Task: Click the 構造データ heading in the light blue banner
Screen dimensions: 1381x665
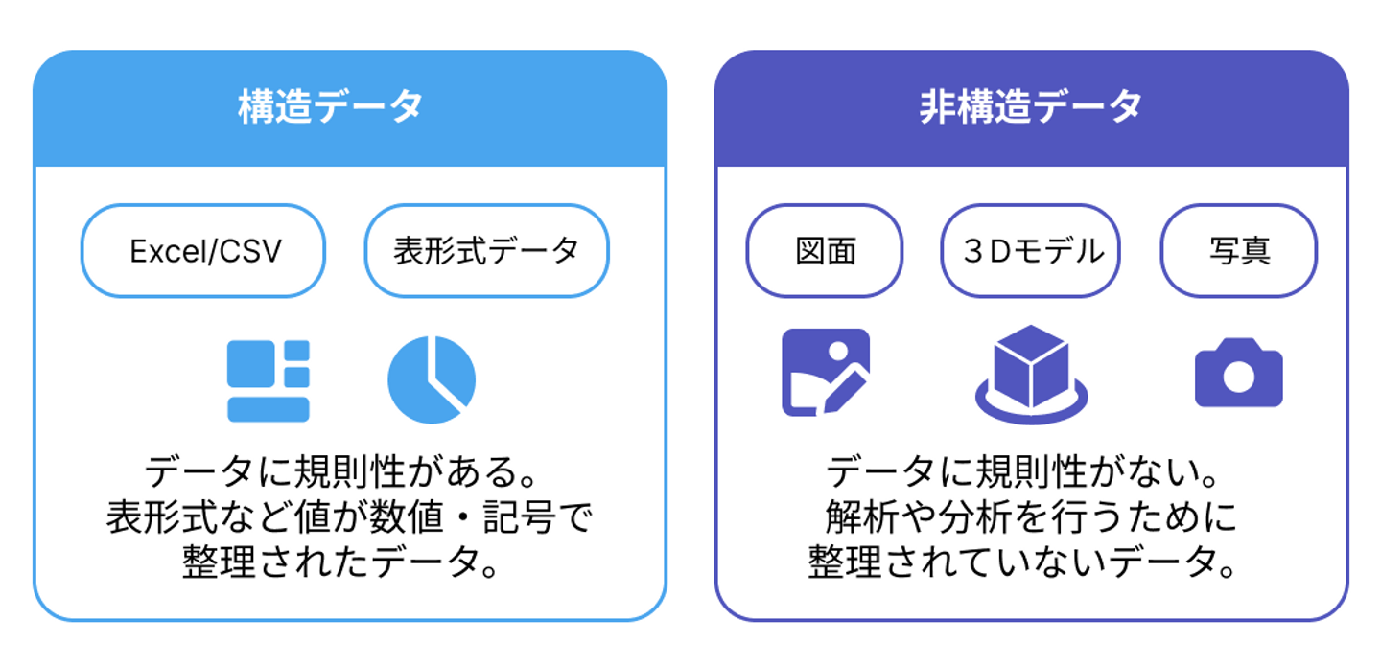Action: [331, 106]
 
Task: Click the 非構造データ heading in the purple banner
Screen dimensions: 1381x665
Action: [1031, 106]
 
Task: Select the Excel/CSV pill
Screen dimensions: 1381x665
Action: [203, 251]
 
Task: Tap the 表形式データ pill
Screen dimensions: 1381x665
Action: [486, 251]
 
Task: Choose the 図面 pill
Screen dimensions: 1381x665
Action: [825, 251]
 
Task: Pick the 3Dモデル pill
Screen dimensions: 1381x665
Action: [1030, 251]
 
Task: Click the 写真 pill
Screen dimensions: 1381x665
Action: [1239, 251]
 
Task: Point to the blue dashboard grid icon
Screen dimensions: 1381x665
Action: [269, 380]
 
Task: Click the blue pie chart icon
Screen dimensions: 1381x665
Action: [432, 379]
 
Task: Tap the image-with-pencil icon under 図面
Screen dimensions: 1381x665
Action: [826, 372]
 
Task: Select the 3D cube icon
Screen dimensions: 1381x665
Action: [1032, 375]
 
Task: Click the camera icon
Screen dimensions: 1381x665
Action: [1239, 373]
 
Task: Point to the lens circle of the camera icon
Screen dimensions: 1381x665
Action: [1239, 377]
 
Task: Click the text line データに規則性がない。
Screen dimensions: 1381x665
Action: [1023, 472]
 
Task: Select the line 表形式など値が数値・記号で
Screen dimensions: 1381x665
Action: [349, 516]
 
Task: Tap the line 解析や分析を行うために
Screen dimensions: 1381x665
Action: [1031, 516]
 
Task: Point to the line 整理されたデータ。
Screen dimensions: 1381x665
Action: [341, 562]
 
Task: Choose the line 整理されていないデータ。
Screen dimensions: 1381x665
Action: [1022, 562]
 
